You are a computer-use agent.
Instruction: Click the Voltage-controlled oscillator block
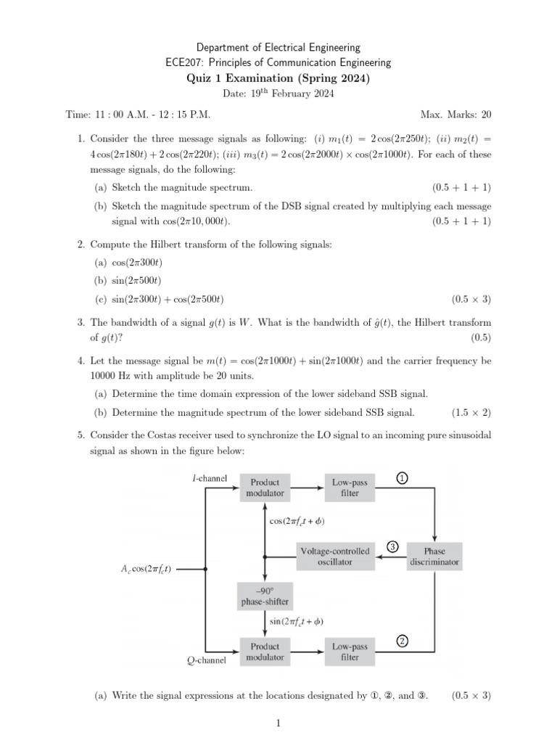tap(335, 557)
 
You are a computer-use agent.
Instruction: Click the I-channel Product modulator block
tap(265, 487)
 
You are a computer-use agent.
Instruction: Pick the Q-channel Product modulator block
tap(265, 651)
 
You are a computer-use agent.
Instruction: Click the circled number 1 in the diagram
tap(403, 477)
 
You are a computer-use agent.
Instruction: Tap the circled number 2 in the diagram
tap(403, 641)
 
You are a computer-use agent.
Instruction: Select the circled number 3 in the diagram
tap(392, 546)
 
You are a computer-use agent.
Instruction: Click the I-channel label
tap(210, 478)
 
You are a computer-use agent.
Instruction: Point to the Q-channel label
tap(207, 660)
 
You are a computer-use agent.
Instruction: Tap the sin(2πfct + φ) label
tap(297, 621)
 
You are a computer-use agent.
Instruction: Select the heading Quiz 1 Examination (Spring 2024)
tap(278, 78)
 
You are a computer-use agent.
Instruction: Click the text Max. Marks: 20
tap(455, 115)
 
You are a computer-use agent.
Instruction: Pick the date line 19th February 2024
tap(278, 94)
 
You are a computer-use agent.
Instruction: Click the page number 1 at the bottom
tap(278, 723)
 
